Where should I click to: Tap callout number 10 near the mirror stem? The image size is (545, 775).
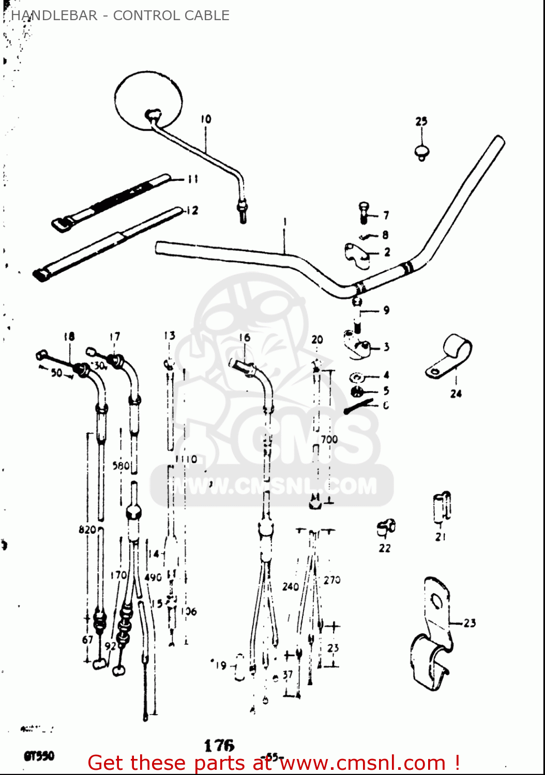[206, 119]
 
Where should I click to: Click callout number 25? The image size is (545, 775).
[421, 121]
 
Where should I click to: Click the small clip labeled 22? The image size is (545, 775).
[386, 528]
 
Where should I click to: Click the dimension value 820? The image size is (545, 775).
[87, 530]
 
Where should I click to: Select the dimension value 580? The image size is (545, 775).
[121, 466]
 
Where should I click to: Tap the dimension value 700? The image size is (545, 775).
[329, 440]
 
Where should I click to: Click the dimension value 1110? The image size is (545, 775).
[186, 459]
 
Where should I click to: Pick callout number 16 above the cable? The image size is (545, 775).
[245, 338]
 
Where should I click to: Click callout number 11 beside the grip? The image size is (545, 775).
[192, 179]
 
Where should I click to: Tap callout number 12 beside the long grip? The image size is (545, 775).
[192, 211]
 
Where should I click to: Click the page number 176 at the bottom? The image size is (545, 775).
[219, 745]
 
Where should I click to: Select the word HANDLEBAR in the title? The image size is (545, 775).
[54, 16]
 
